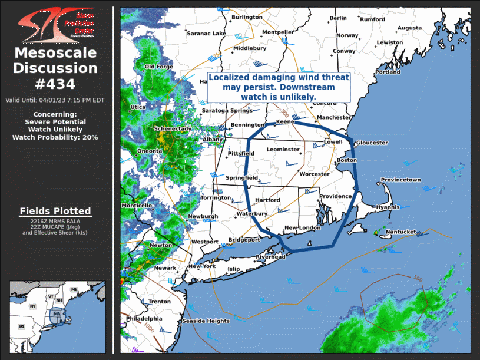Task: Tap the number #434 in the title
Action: point(55,83)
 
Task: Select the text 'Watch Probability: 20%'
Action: point(55,137)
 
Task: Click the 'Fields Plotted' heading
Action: point(55,210)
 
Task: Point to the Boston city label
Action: point(347,160)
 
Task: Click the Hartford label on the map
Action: point(267,200)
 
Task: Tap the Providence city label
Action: point(335,196)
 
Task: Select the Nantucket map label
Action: point(400,232)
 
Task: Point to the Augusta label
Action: point(409,28)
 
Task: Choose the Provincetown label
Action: point(400,180)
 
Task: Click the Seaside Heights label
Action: point(206,321)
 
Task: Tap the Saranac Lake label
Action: point(206,34)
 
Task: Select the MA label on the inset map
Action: point(57,314)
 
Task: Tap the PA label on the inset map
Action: point(22,326)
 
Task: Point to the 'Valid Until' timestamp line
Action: point(55,100)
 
